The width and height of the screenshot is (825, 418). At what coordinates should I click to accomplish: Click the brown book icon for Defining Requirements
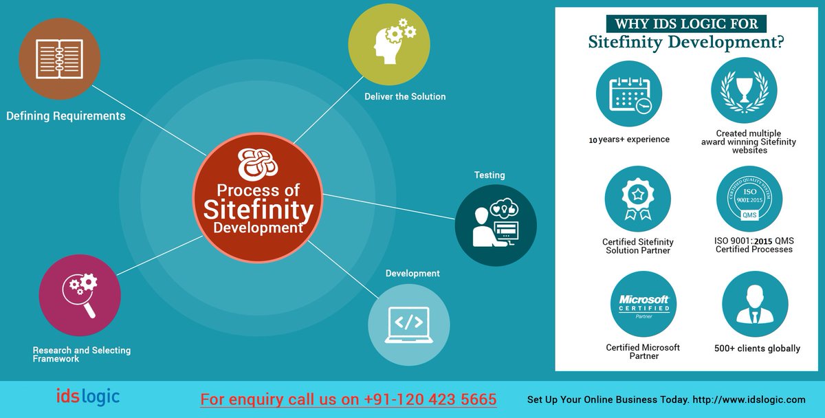tap(59, 58)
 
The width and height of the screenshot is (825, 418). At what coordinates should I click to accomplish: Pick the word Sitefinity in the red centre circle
tap(258, 209)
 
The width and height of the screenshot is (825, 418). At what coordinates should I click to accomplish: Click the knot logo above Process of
tap(258, 164)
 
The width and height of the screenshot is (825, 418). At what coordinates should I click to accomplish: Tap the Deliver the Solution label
tap(405, 97)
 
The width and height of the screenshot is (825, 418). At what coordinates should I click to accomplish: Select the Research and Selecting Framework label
tap(81, 354)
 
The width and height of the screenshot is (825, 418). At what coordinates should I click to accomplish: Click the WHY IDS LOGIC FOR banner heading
tap(686, 24)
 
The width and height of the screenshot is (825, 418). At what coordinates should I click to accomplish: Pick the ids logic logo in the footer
tap(88, 397)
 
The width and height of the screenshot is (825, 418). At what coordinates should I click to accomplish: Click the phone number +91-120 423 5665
tap(430, 399)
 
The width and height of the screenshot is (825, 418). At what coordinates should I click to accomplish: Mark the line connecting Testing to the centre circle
tap(389, 208)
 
